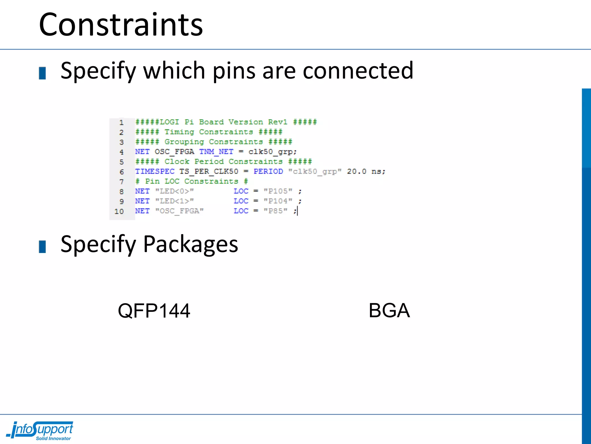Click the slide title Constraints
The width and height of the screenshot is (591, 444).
pyautogui.click(x=121, y=25)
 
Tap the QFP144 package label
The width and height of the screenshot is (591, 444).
pyautogui.click(x=154, y=311)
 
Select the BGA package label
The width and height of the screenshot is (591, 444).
pyautogui.click(x=389, y=310)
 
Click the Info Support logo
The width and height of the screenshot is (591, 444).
pyautogui.click(x=40, y=430)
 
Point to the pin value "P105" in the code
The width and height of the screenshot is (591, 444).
pyautogui.click(x=278, y=191)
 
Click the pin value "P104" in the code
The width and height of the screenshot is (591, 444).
pyautogui.click(x=278, y=201)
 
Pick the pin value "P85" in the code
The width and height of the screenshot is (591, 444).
pyautogui.click(x=275, y=211)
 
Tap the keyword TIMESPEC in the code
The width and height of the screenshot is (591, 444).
pyautogui.click(x=155, y=171)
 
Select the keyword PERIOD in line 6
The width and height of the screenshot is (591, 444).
pyautogui.click(x=268, y=171)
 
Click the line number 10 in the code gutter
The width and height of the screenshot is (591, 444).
pyautogui.click(x=119, y=211)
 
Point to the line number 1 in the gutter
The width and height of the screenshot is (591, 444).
pyautogui.click(x=121, y=123)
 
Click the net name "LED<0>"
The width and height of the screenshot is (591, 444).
pyautogui.click(x=175, y=191)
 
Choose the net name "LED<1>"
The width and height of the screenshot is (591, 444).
pyautogui.click(x=175, y=201)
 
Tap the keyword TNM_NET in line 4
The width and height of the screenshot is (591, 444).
pyautogui.click(x=216, y=152)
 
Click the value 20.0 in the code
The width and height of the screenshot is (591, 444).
pyautogui.click(x=356, y=171)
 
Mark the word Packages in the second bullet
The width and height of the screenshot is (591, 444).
pyautogui.click(x=190, y=244)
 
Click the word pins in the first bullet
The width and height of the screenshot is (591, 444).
pyautogui.click(x=234, y=71)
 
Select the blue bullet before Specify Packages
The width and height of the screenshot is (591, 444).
pyautogui.click(x=42, y=247)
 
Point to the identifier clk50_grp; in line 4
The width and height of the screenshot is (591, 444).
pyautogui.click(x=272, y=152)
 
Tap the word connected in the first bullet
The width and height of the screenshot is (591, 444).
pyautogui.click(x=358, y=71)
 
